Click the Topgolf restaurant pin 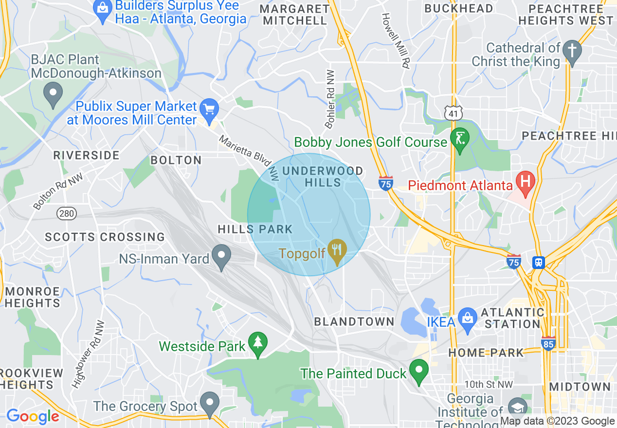point(336,251)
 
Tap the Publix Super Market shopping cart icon point(210,109)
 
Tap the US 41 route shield point(453,113)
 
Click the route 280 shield point(67,213)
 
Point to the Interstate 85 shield point(548,343)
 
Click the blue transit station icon point(539,262)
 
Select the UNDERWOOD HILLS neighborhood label point(323,177)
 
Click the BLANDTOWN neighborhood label point(354,321)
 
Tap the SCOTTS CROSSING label point(105,237)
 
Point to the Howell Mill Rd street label point(395,40)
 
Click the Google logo point(32,416)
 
